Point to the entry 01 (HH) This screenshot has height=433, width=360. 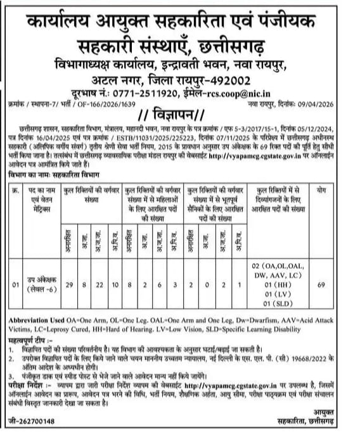(280, 286)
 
